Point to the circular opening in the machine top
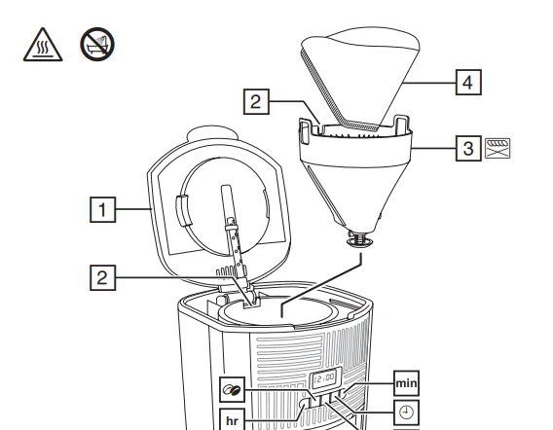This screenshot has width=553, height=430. pos(282,311)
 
